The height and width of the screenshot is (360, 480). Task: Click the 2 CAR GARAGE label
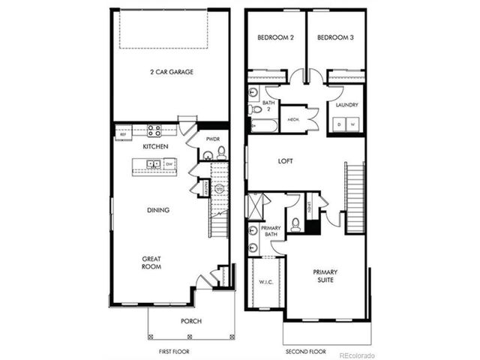[171, 73]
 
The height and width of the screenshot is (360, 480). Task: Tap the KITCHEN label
[154, 147]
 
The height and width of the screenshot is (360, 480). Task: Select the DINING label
[158, 210]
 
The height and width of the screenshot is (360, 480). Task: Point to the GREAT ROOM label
[152, 262]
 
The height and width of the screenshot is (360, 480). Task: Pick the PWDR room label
[212, 139]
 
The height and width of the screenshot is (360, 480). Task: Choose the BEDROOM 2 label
[274, 37]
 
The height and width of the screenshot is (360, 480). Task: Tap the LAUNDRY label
[346, 106]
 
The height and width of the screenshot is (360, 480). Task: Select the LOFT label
[285, 161]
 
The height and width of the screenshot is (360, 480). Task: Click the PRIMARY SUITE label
[325, 275]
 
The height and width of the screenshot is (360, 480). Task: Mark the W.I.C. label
[266, 282]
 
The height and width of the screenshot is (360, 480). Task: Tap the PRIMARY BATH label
[270, 231]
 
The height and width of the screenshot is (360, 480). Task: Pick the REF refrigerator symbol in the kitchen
[123, 135]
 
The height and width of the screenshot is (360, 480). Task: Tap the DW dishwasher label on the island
[169, 163]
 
